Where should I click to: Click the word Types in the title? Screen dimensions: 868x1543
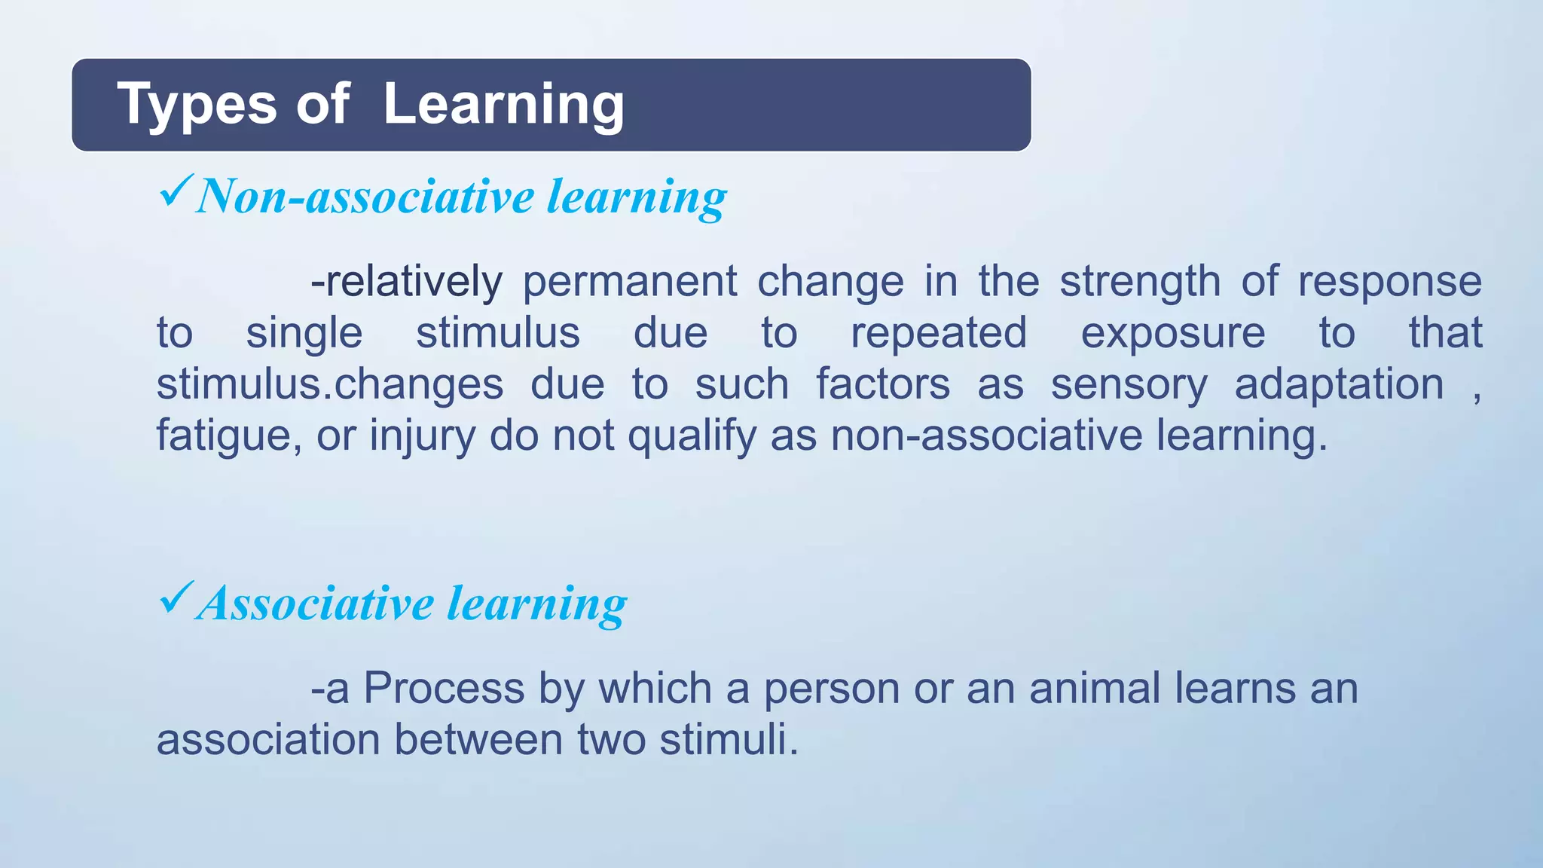pos(197,105)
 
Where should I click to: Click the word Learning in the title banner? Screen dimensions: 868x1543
pos(503,105)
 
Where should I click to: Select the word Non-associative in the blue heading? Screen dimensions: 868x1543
pos(365,197)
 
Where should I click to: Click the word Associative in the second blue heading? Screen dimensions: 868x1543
pos(316,604)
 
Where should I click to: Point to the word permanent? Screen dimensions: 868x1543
pos(629,282)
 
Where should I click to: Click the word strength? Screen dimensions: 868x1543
pos(1139,282)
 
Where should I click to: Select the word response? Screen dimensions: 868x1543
pos(1389,282)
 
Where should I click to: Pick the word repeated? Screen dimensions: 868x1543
pos(938,333)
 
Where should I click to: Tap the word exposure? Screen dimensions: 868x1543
pos(1172,333)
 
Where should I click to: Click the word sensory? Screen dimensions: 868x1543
pos(1129,385)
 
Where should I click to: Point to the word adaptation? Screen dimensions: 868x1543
pos(1338,385)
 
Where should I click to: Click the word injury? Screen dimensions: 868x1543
pos(422,436)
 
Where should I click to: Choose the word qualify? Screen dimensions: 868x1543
pos(692,436)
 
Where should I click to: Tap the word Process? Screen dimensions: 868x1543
pos(444,689)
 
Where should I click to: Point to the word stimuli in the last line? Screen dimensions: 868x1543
pos(728,740)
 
